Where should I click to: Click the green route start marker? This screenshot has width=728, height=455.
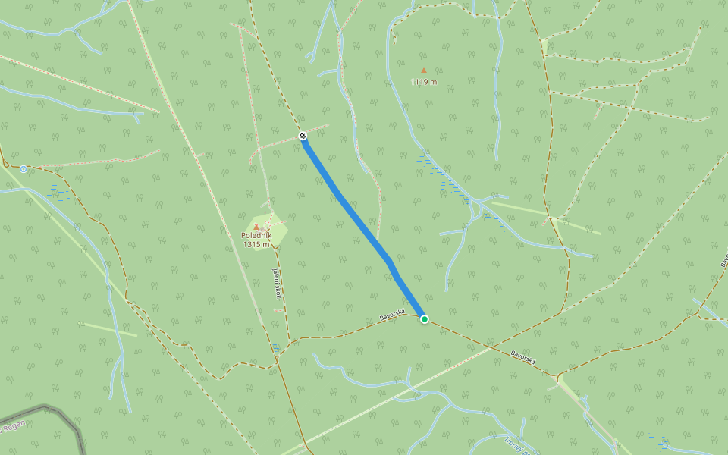point(425,319)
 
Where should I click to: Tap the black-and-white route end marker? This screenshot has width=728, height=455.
point(303,136)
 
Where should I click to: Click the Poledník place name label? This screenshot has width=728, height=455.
point(256,236)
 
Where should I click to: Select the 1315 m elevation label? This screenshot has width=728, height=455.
point(256,244)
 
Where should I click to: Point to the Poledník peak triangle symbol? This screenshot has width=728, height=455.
point(256,227)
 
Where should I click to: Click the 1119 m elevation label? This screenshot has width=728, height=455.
point(424,82)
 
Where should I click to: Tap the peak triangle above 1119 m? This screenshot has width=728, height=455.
point(424,71)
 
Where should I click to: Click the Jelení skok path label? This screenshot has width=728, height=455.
point(277,282)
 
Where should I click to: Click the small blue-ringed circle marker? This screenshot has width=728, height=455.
point(24,168)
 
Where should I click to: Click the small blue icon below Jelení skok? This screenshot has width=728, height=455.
point(275,346)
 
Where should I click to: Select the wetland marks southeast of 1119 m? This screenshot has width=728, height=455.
point(447,178)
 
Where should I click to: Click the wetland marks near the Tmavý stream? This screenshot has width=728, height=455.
point(658,438)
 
